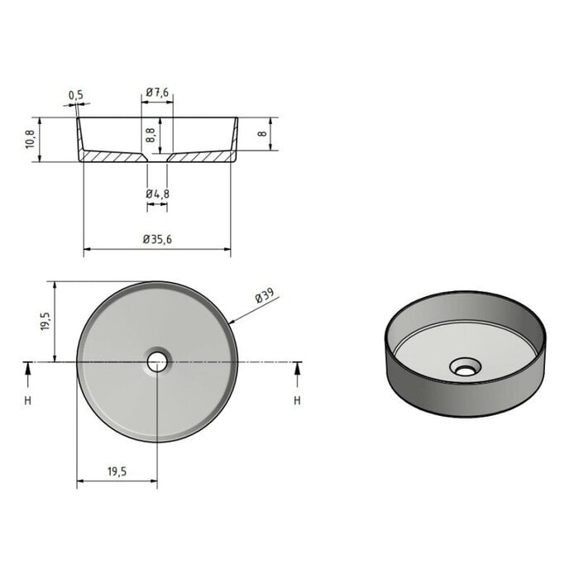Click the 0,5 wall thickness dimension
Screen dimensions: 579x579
pyautogui.click(x=76, y=95)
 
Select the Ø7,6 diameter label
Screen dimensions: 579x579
pyautogui.click(x=157, y=93)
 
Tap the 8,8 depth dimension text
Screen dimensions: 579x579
pyautogui.click(x=151, y=134)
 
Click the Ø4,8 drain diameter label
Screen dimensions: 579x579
pyautogui.click(x=157, y=194)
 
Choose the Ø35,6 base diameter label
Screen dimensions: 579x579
pyautogui.click(x=156, y=239)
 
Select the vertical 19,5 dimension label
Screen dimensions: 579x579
pyautogui.click(x=45, y=321)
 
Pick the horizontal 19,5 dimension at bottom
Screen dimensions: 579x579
pyautogui.click(x=117, y=471)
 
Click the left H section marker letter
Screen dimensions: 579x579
pyautogui.click(x=28, y=401)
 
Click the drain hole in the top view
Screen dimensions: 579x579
pyautogui.click(x=156, y=361)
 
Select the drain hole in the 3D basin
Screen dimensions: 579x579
pyautogui.click(x=463, y=366)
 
